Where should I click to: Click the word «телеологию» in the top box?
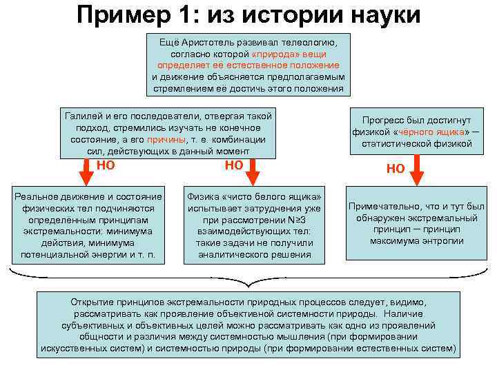pyautogui.click(x=314, y=41)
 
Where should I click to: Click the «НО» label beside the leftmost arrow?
pyautogui.click(x=106, y=165)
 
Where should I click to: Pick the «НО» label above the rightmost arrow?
pyautogui.click(x=396, y=168)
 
